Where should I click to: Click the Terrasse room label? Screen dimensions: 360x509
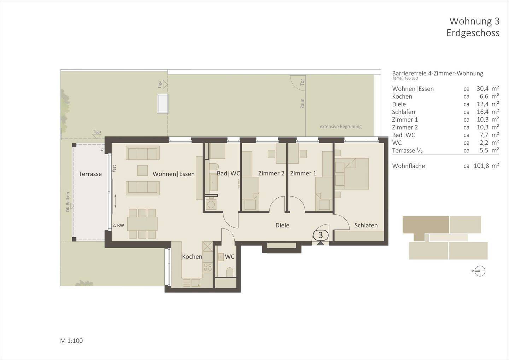[x=90, y=174]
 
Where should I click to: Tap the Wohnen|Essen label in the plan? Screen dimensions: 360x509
[x=174, y=174]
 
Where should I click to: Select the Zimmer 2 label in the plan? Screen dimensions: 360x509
[x=271, y=173]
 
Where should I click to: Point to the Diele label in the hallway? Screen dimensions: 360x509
[x=282, y=225]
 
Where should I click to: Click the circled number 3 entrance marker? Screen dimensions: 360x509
[x=321, y=235]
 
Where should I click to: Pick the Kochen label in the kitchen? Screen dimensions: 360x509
[x=192, y=257]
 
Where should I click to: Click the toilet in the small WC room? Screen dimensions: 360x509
[x=229, y=272]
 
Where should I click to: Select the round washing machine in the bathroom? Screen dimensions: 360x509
[x=211, y=204]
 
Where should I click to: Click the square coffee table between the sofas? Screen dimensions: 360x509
[x=142, y=170]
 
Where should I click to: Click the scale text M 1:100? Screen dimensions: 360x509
[x=71, y=341]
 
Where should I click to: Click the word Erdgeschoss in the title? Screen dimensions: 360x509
[x=473, y=33]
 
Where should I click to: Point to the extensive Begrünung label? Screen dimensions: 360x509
[x=340, y=127]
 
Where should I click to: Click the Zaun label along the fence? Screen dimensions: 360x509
[x=302, y=103]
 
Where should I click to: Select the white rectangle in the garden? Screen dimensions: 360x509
[x=163, y=103]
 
